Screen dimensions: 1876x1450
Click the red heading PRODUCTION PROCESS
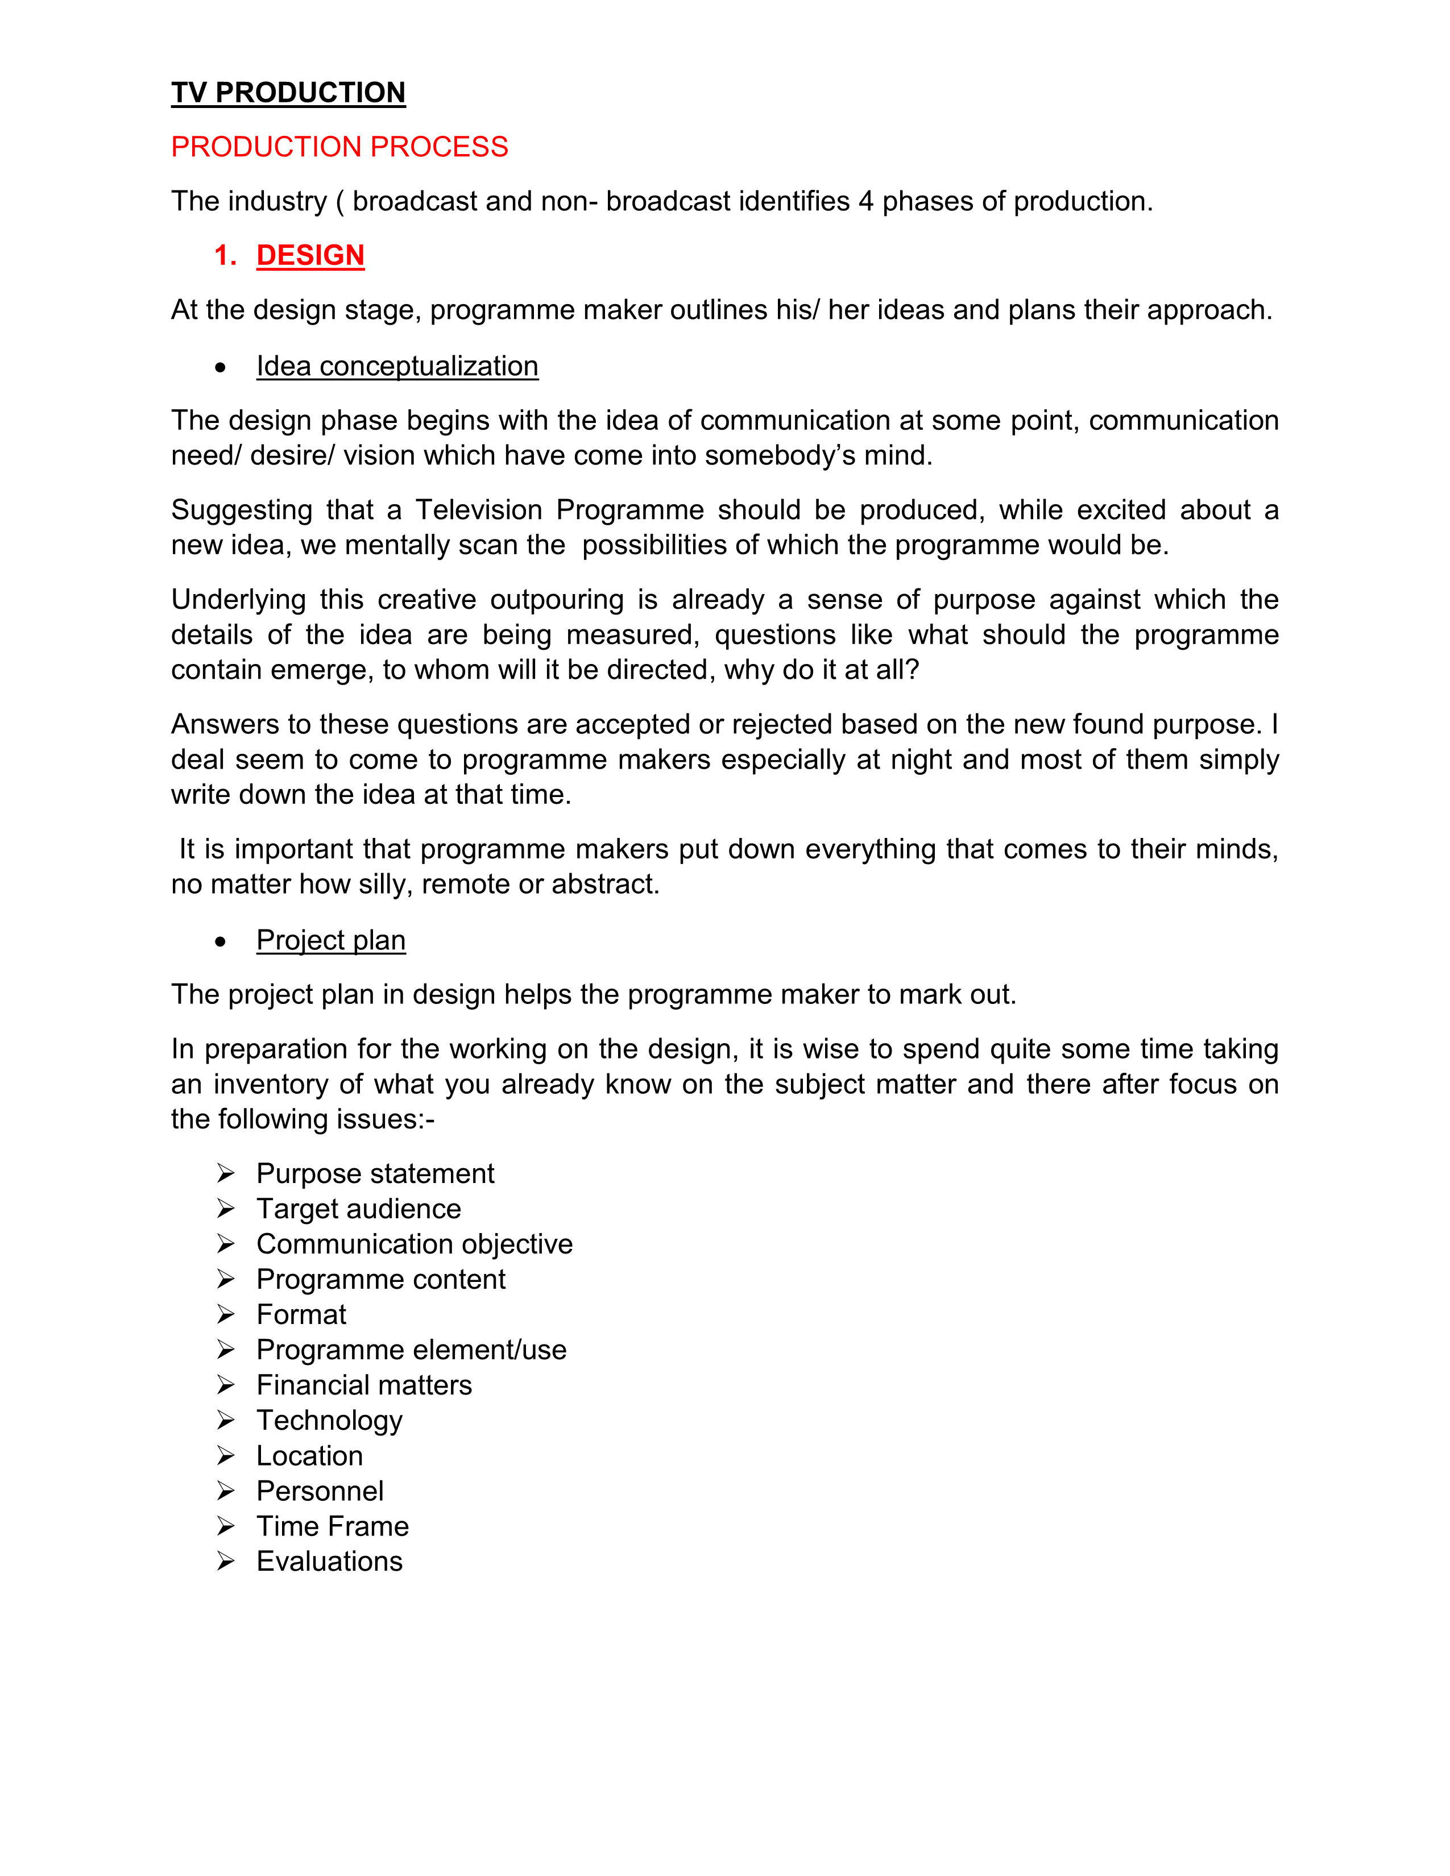(x=339, y=147)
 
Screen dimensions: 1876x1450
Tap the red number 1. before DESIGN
(x=225, y=255)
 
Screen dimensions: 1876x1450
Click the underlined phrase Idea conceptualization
(x=397, y=366)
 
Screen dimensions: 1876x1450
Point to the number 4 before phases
(x=866, y=201)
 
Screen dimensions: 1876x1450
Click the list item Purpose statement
(x=375, y=1173)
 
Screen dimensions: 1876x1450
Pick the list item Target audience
(x=358, y=1209)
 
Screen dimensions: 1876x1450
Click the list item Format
(x=301, y=1314)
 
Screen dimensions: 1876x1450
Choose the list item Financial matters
(x=364, y=1385)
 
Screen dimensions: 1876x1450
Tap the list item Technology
(x=329, y=1421)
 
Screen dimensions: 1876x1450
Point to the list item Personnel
(x=320, y=1491)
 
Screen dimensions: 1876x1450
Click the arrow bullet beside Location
(x=226, y=1455)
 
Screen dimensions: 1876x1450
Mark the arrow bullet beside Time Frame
(x=226, y=1526)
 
